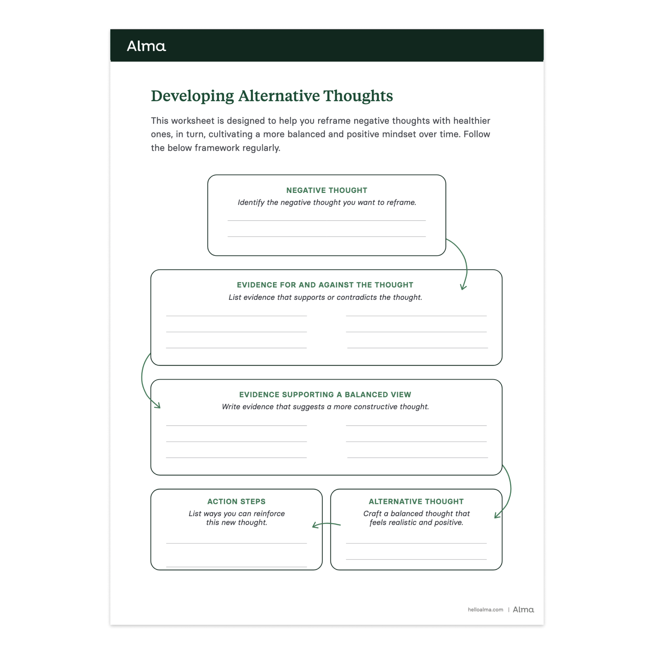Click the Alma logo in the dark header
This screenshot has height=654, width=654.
(146, 46)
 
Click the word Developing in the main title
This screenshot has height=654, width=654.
(192, 96)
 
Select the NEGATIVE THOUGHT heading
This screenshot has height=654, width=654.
(327, 190)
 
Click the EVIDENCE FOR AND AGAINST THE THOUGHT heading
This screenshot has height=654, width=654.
(325, 285)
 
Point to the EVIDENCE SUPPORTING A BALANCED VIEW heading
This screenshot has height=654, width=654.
(325, 395)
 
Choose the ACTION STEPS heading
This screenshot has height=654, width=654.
(236, 502)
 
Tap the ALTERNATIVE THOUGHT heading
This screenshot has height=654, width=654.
(416, 502)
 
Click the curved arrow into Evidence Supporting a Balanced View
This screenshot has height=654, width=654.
(144, 383)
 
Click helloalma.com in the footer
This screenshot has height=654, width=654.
(485, 610)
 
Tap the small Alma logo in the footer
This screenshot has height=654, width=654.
(523, 610)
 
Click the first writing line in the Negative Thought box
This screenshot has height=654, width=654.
(327, 220)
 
